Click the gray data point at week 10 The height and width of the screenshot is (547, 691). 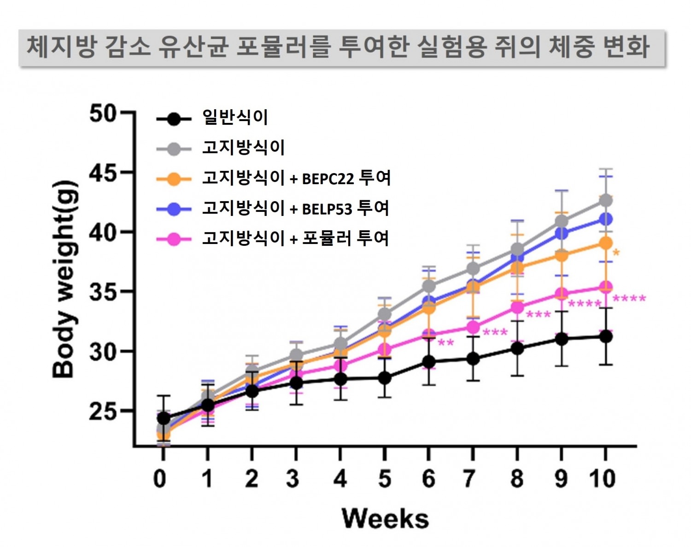tap(605, 201)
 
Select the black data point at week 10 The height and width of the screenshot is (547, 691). tap(605, 337)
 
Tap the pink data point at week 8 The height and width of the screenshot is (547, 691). tap(517, 307)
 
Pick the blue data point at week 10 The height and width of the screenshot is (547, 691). tap(605, 219)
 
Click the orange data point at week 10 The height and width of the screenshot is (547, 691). tap(605, 243)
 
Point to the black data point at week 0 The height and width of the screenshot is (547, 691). tap(163, 419)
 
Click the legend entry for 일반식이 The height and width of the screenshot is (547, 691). tap(235, 117)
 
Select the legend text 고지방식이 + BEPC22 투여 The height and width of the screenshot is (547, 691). tap(296, 178)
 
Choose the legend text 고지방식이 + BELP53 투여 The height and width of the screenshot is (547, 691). tap(295, 209)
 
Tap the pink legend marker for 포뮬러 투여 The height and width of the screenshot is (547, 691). tap(174, 239)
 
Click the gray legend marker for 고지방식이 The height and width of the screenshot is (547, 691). tap(174, 149)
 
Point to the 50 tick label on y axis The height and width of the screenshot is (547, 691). tap(103, 113)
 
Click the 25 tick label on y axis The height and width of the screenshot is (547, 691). tap(103, 411)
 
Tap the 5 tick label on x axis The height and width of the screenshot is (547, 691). tap(384, 479)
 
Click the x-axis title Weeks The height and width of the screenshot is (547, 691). tap(385, 518)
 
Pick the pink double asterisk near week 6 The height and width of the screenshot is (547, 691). tap(445, 343)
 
